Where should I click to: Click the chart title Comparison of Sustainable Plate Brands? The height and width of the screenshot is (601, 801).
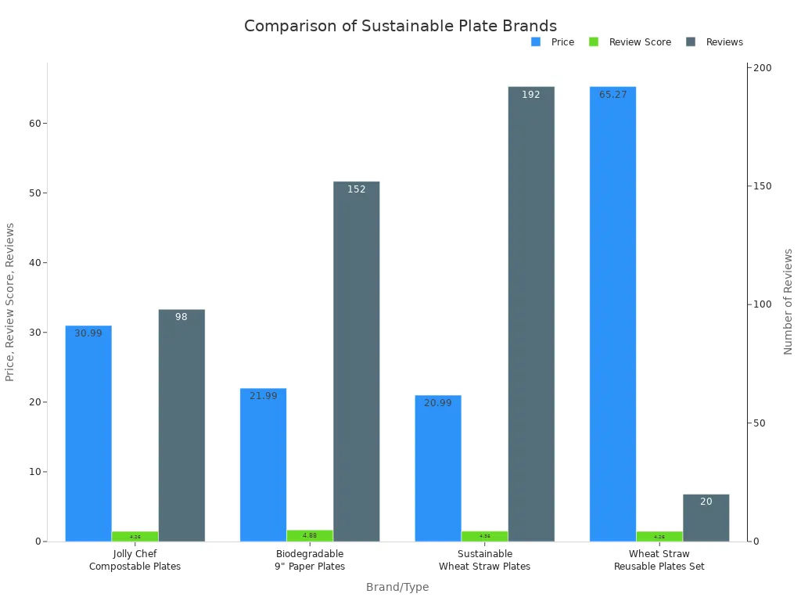tap(400, 26)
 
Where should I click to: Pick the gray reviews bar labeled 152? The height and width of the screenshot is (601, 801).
tap(357, 361)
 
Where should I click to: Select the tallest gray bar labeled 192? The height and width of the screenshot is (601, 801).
tap(531, 313)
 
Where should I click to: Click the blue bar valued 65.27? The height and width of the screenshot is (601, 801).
tap(612, 313)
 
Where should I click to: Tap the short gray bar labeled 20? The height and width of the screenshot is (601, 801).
tap(706, 517)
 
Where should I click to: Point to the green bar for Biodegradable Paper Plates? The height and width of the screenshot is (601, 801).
tap(310, 535)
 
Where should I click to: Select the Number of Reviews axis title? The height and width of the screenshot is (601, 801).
tap(788, 301)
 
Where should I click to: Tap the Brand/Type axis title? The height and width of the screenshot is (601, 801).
tap(397, 587)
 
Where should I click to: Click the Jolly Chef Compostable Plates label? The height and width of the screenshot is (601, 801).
tap(135, 560)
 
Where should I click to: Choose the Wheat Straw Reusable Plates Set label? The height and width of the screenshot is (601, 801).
tap(659, 560)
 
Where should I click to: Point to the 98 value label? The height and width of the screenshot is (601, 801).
tap(181, 317)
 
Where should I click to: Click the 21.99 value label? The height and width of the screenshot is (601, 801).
tap(264, 396)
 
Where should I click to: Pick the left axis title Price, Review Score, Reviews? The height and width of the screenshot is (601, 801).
tap(10, 301)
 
